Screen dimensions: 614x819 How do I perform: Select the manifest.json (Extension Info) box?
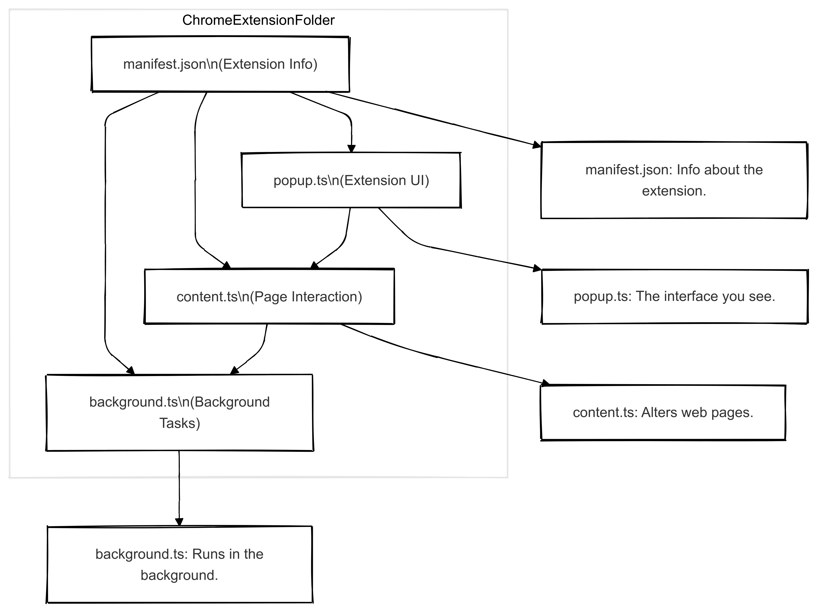tap(220, 64)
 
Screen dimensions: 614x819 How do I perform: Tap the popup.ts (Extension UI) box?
tap(351, 181)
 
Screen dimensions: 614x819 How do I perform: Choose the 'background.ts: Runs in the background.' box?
tap(180, 564)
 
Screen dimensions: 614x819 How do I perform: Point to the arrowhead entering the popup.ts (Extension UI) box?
tap(351, 149)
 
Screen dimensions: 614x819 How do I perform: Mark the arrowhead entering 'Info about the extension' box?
tap(536, 145)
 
